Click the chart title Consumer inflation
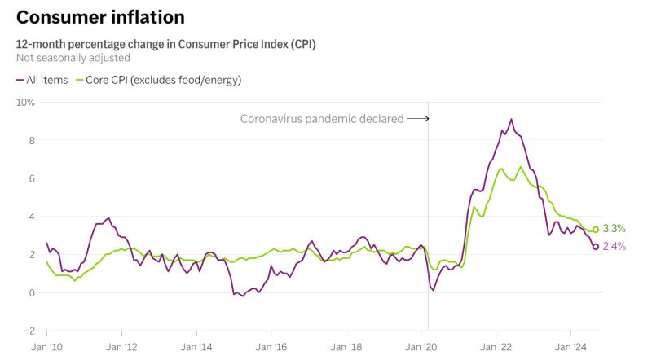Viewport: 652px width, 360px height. [100, 17]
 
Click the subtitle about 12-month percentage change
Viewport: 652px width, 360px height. [165, 44]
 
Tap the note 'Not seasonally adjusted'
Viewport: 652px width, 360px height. [73, 58]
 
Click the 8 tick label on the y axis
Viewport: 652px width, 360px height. [30, 140]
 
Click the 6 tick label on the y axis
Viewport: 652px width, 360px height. [30, 178]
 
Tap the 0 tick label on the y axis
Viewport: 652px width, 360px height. [30, 292]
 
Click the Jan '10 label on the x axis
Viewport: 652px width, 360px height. [46, 346]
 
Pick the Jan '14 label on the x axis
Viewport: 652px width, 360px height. [196, 346]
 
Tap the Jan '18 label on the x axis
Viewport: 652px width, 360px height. [346, 346]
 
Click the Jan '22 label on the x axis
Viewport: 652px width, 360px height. [496, 346]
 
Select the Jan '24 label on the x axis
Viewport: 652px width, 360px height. [570, 346]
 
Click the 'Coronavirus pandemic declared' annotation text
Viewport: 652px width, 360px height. [321, 119]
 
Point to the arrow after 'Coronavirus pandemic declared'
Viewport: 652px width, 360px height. [418, 119]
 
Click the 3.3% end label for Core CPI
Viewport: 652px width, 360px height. [614, 229]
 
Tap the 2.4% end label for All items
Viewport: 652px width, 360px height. [614, 247]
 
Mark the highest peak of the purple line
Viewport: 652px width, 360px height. [511, 119]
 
